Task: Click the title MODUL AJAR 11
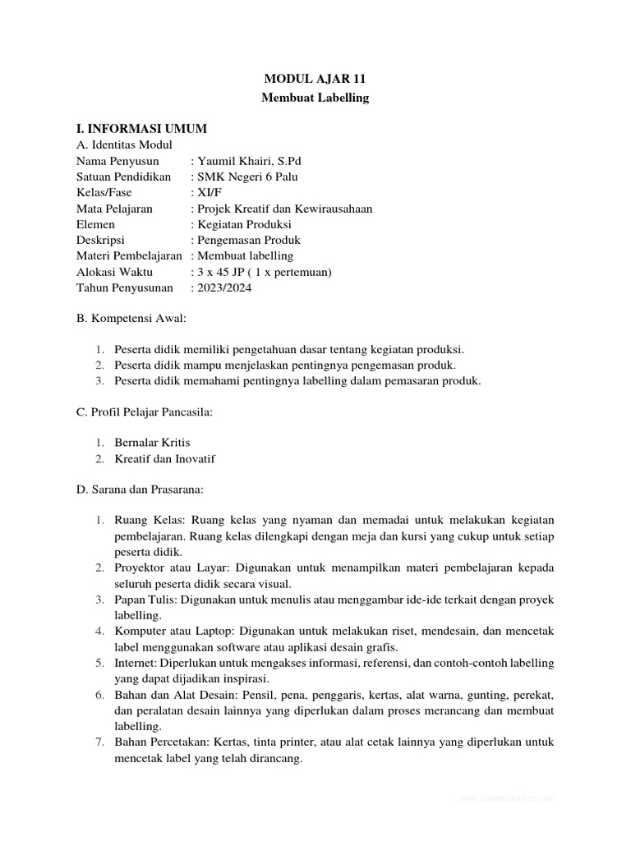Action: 315,80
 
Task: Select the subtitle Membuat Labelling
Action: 315,98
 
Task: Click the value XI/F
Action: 207,192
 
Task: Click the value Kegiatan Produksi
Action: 244,224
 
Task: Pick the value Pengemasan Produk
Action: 248,240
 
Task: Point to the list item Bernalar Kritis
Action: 153,443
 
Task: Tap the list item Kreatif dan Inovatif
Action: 164,458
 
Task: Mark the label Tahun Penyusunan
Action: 124,287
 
